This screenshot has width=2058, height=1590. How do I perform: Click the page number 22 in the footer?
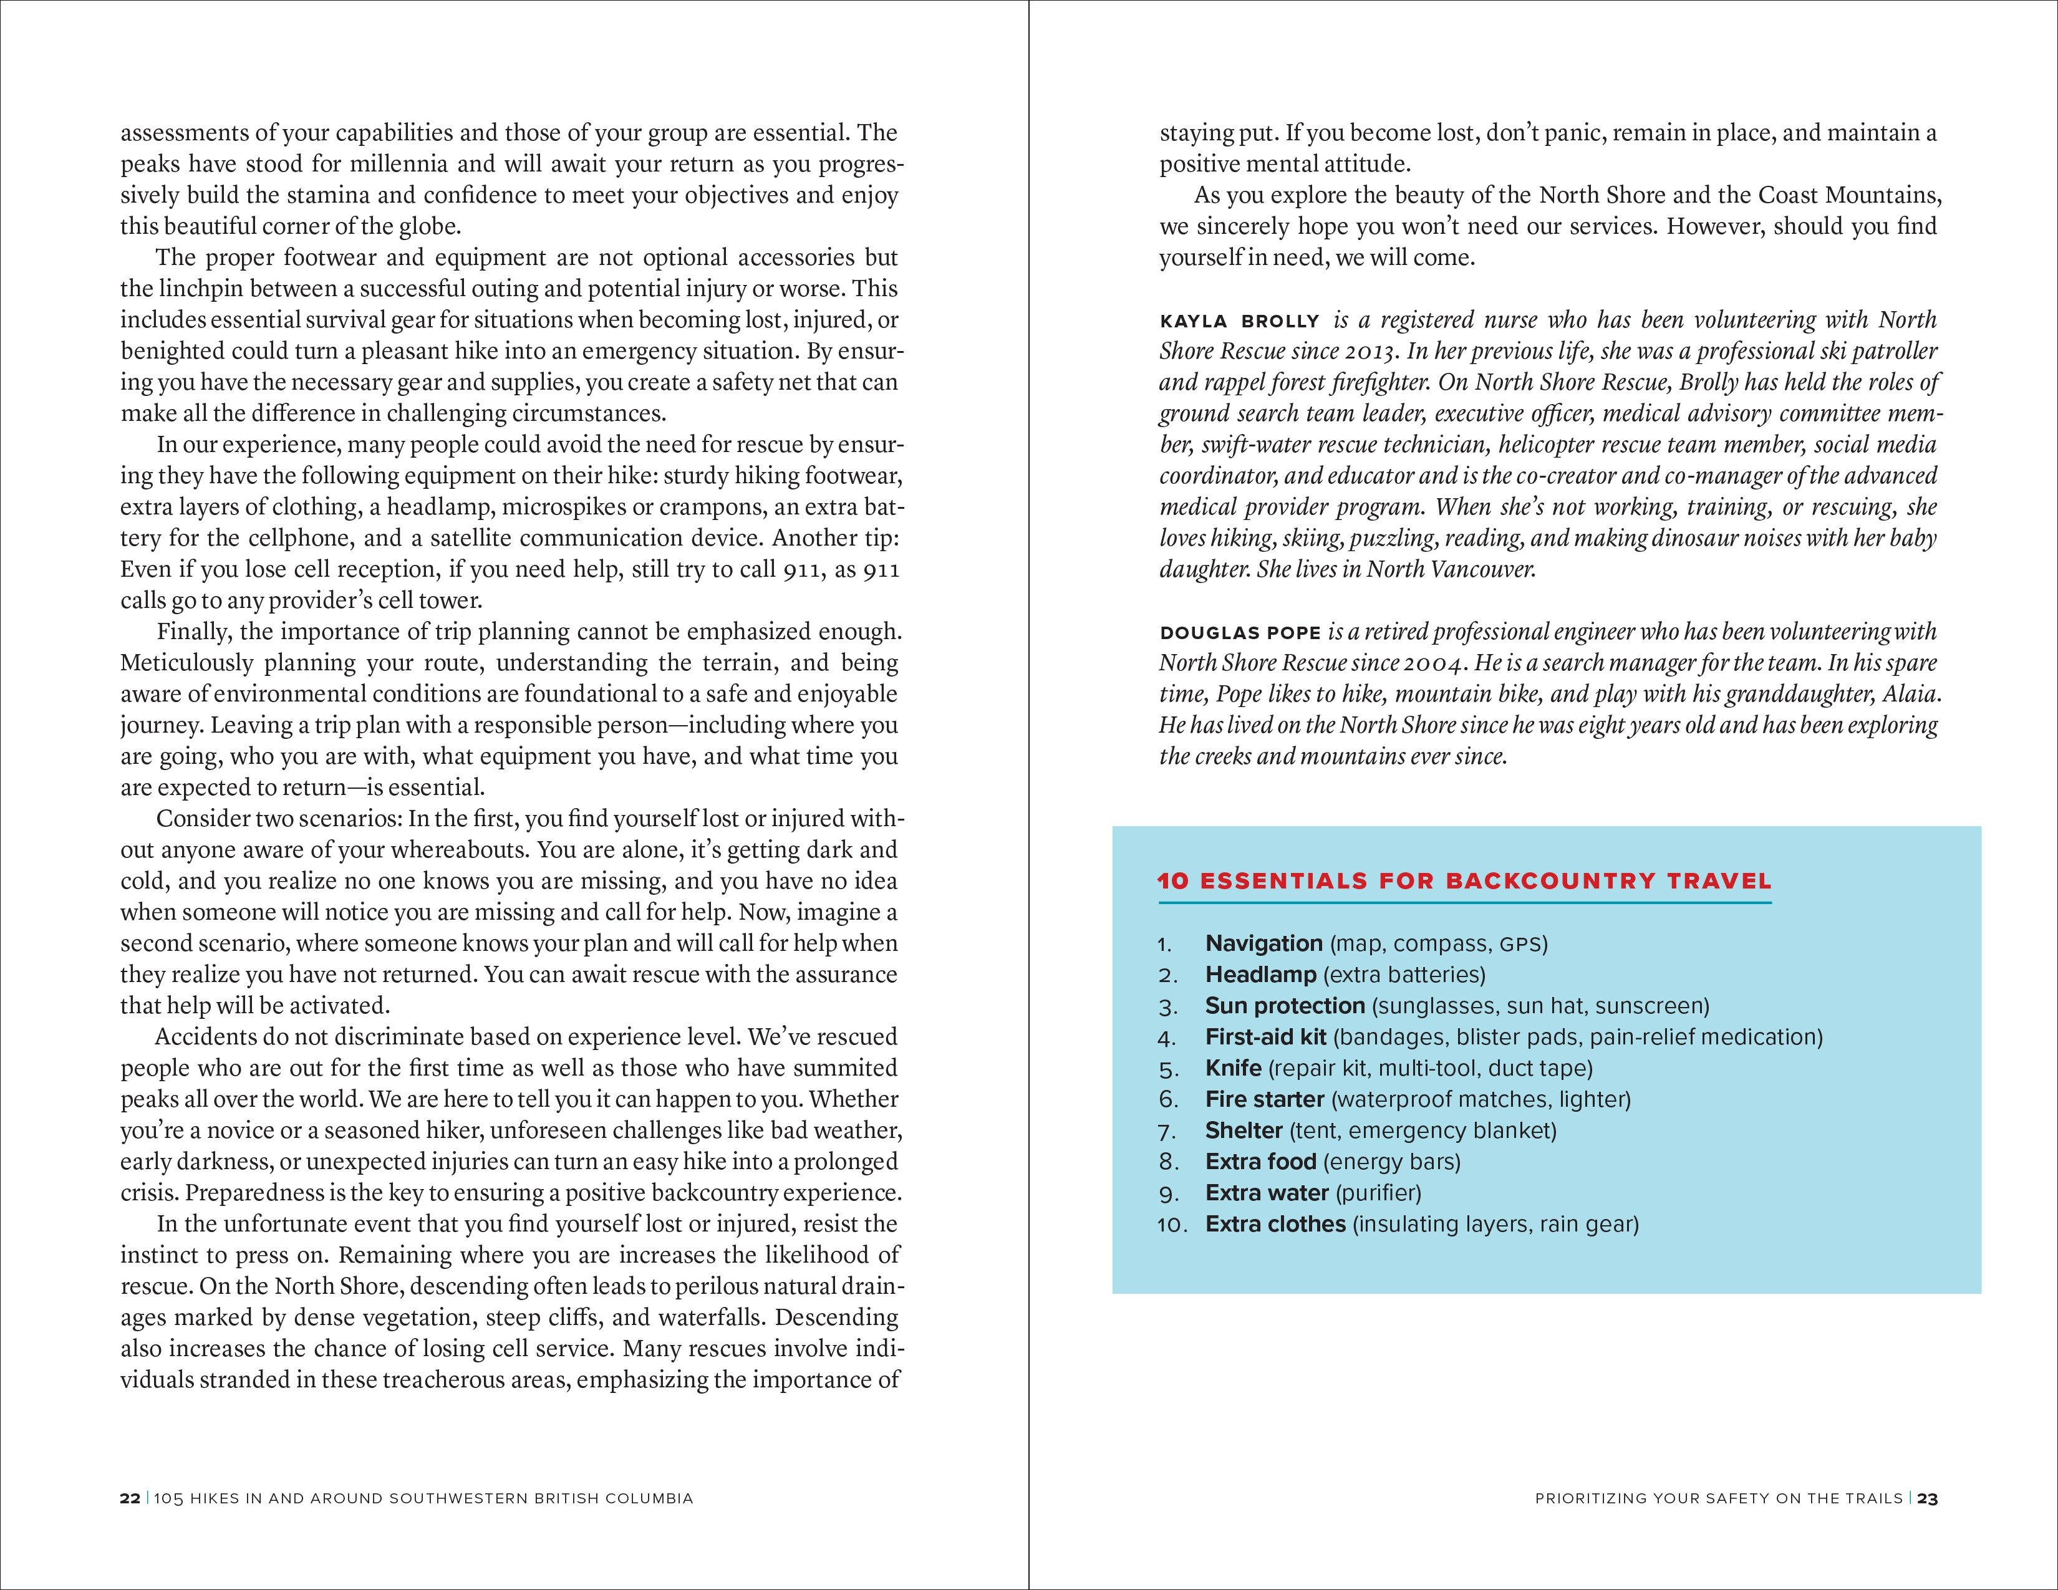tap(130, 1498)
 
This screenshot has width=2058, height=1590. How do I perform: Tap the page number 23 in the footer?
tap(1927, 1498)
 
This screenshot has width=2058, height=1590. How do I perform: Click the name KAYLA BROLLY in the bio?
tap(1239, 321)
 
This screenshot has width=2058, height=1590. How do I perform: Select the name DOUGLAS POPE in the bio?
tap(1240, 633)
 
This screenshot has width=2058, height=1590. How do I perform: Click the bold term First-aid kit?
tap(1265, 1037)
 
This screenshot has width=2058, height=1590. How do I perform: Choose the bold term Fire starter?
tap(1265, 1099)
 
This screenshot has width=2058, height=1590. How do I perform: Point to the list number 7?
tap(1167, 1131)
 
